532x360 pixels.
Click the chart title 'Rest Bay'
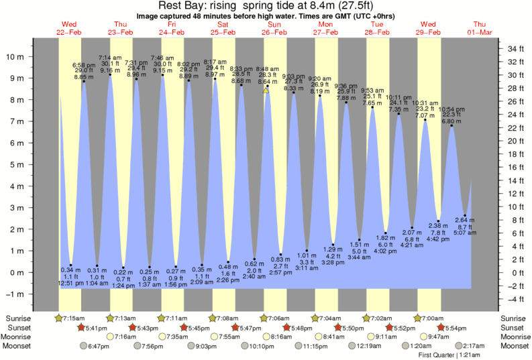(181, 6)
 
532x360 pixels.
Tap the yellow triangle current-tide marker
(266, 90)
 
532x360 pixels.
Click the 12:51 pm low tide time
(70, 284)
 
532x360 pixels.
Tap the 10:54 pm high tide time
(451, 109)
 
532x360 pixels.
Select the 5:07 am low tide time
(464, 233)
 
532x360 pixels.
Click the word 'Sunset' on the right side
(513, 327)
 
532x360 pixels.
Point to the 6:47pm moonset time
(99, 346)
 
